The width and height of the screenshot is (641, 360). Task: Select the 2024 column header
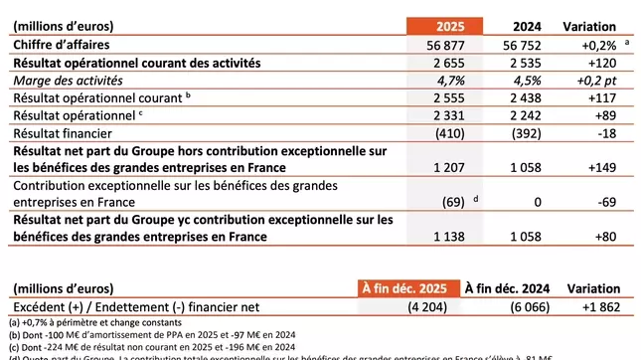(x=523, y=26)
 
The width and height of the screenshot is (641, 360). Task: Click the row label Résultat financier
(x=60, y=134)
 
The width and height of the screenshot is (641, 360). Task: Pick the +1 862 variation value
(x=594, y=306)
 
